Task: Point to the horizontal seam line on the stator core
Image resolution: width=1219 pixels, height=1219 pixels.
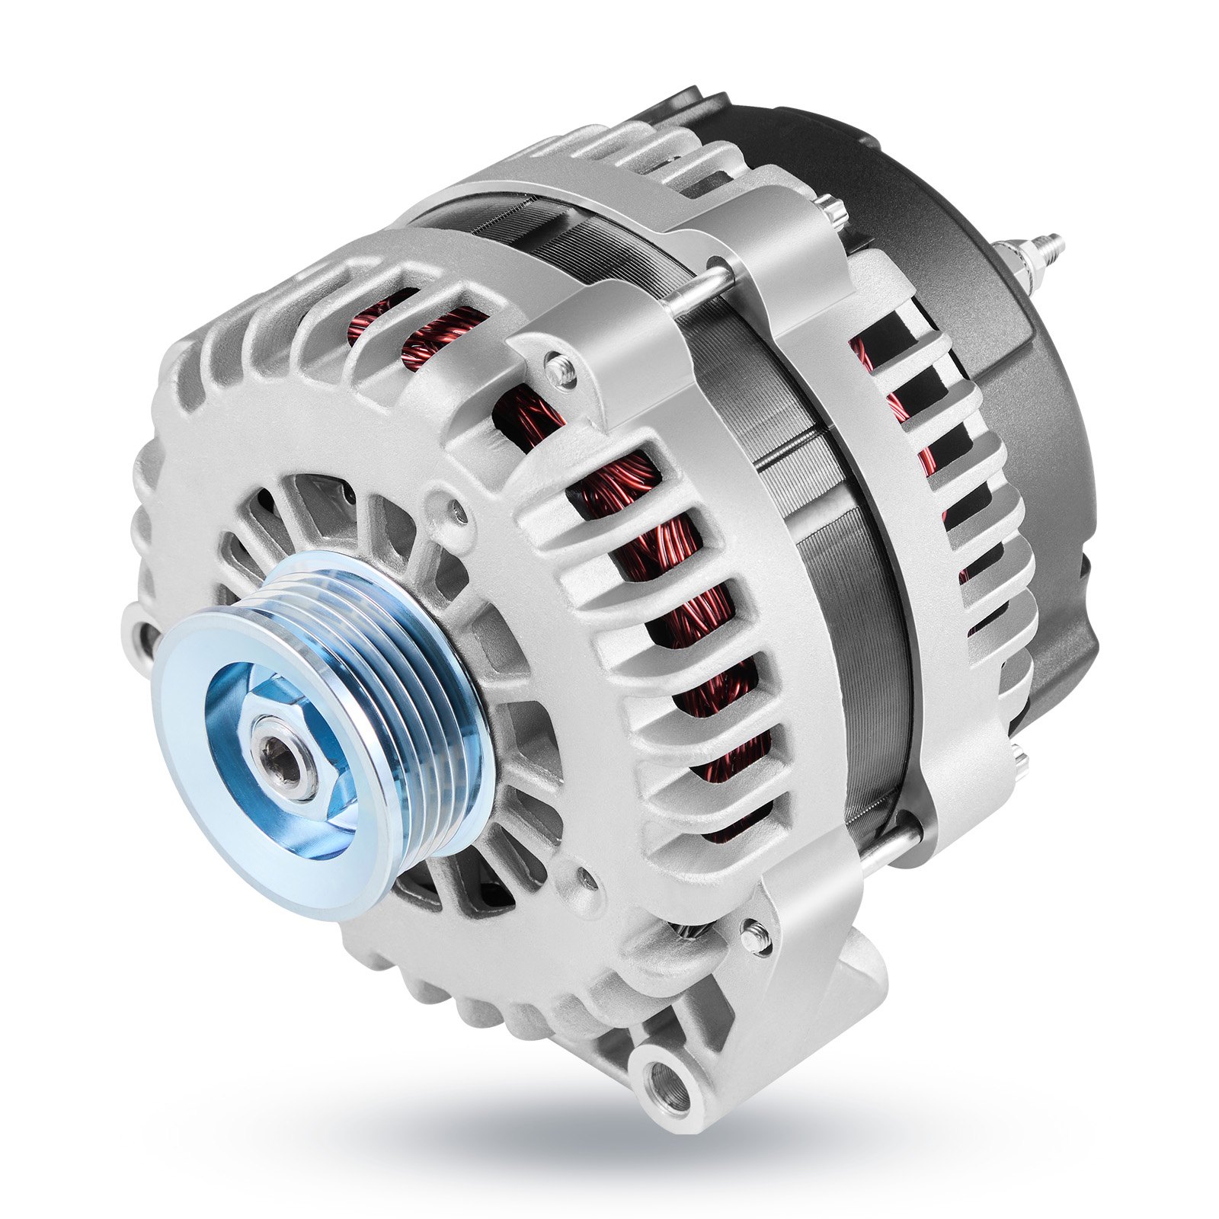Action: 800,450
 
